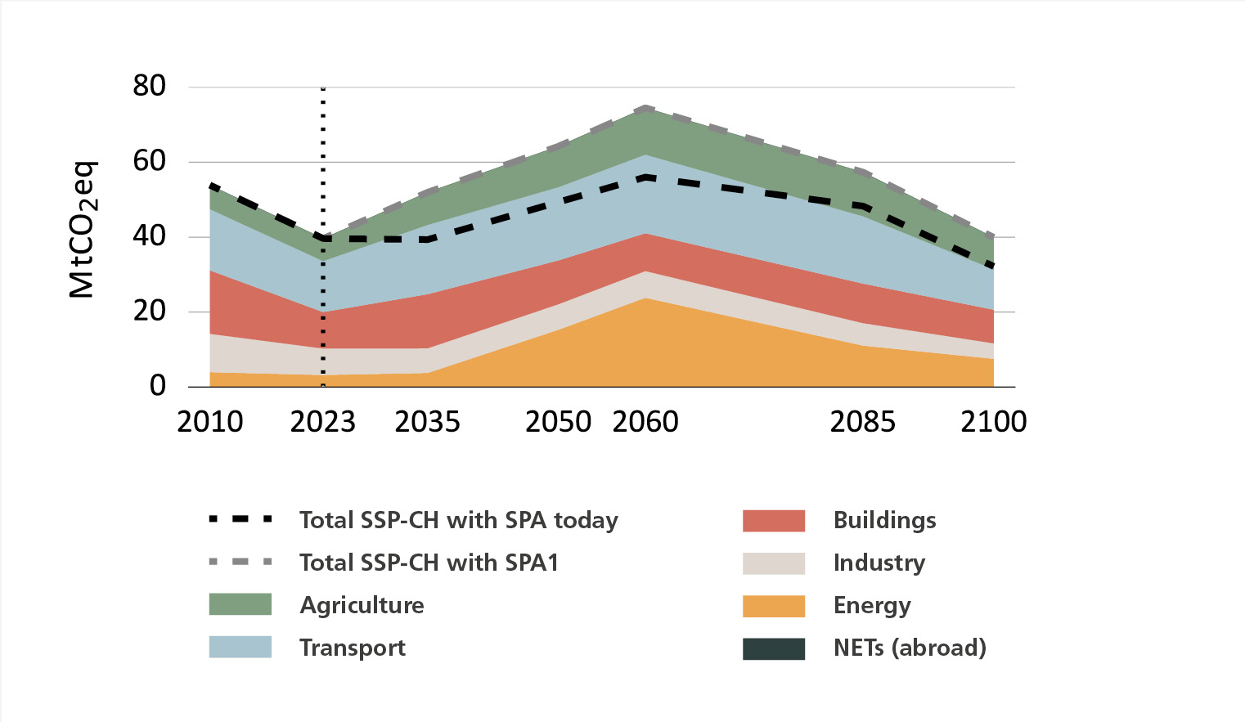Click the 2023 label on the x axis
(x=323, y=422)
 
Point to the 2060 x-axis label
(x=645, y=422)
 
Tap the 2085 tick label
(x=863, y=422)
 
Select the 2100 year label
(x=994, y=422)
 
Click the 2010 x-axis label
(x=210, y=422)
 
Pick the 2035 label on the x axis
(x=428, y=422)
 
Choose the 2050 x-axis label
(x=558, y=422)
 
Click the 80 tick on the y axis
(x=150, y=86)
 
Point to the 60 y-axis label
(x=150, y=161)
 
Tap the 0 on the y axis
(x=158, y=385)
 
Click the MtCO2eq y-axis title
(x=83, y=230)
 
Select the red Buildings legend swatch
(x=774, y=521)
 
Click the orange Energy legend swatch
(x=774, y=606)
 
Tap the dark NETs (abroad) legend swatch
(x=774, y=648)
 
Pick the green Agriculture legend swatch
(x=240, y=604)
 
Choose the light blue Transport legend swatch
(x=240, y=647)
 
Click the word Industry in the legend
(x=879, y=563)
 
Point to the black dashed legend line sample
(x=240, y=520)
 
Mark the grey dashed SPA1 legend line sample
(x=240, y=562)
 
